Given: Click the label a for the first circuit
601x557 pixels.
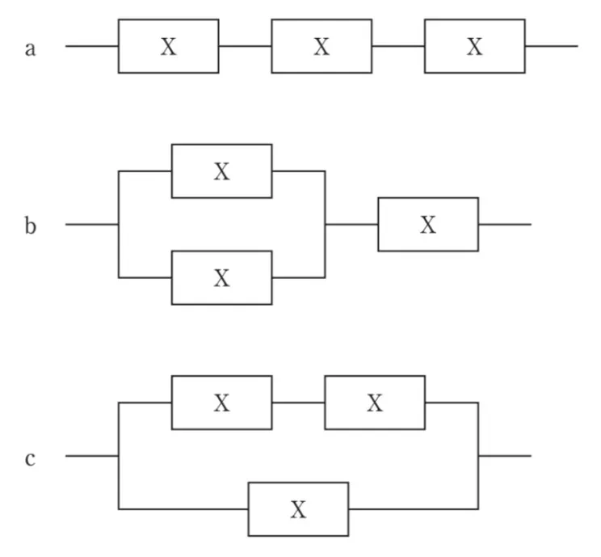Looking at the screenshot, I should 31,49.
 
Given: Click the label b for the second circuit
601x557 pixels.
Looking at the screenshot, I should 31,226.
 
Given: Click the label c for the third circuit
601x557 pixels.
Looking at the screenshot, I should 31,459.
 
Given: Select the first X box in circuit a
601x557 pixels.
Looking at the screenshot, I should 168,46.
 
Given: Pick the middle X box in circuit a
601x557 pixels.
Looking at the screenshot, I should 322,46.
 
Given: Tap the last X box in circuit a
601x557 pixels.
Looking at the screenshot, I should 474,46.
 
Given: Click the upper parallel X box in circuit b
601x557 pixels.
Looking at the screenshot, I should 221,171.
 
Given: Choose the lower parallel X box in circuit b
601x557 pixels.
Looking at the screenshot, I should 221,277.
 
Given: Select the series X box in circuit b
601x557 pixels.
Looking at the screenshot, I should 428,224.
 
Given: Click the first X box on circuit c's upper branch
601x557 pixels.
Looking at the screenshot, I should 221,403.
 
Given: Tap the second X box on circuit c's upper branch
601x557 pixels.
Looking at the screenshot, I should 375,403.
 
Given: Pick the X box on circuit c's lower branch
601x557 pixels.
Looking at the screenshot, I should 298,509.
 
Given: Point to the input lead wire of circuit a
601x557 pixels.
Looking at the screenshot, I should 91,46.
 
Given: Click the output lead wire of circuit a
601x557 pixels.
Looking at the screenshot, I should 551,46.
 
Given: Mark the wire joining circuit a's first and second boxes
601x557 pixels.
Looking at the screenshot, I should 245,46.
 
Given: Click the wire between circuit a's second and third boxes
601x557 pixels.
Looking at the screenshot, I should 398,46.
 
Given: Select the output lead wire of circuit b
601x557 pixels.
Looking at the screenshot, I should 505,224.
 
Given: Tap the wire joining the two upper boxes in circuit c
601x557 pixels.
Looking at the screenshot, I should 298,403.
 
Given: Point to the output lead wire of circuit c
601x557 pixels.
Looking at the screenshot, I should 505,456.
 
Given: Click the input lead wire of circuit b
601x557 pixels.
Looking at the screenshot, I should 91,224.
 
